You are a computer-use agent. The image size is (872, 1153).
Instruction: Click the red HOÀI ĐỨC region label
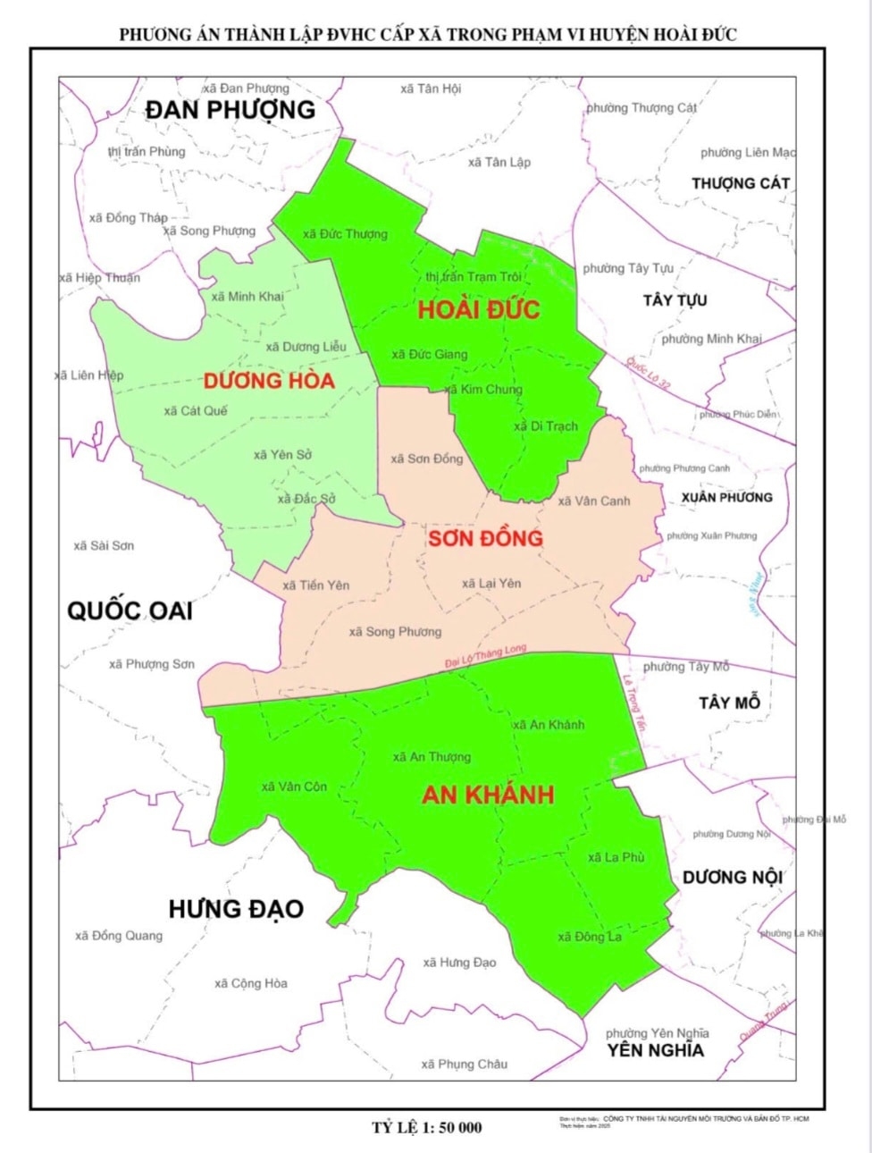coord(479,310)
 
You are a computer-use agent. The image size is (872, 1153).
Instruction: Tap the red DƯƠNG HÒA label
coord(269,381)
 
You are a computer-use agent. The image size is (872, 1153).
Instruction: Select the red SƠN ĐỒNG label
coord(485,538)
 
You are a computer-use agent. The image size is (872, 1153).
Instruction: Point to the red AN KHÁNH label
coord(488,795)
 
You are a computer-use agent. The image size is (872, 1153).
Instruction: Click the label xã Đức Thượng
coord(345,234)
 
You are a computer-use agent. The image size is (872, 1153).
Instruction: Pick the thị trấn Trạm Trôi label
coord(474,277)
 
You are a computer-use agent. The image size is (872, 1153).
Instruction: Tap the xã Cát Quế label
coord(196,411)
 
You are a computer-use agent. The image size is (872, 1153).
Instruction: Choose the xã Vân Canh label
coord(594,501)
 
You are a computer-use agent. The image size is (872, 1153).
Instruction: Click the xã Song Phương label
coord(395,632)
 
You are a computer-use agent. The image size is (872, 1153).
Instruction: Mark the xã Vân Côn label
coord(294,787)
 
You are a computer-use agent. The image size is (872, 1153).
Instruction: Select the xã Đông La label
coord(590,937)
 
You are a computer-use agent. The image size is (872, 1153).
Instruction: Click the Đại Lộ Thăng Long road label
coord(486,657)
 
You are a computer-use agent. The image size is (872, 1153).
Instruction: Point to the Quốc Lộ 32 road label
coord(648,373)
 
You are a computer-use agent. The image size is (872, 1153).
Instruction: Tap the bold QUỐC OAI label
coord(130,611)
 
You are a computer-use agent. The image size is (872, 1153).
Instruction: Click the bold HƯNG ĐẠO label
coord(236,910)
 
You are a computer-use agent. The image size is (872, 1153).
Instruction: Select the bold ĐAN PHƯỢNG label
coord(231,110)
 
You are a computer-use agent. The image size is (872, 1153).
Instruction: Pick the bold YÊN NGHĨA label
coord(656,1051)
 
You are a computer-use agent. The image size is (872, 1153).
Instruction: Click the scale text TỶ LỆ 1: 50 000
coord(427,1128)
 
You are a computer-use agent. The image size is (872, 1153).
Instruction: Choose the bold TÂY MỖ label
coord(729,703)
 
